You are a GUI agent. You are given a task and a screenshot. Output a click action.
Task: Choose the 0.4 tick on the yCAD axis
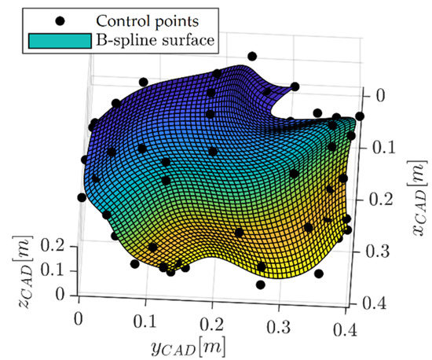pyautogui.click(x=339, y=324)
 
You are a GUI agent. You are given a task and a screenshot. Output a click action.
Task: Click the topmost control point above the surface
pyautogui.click(x=252, y=56)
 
